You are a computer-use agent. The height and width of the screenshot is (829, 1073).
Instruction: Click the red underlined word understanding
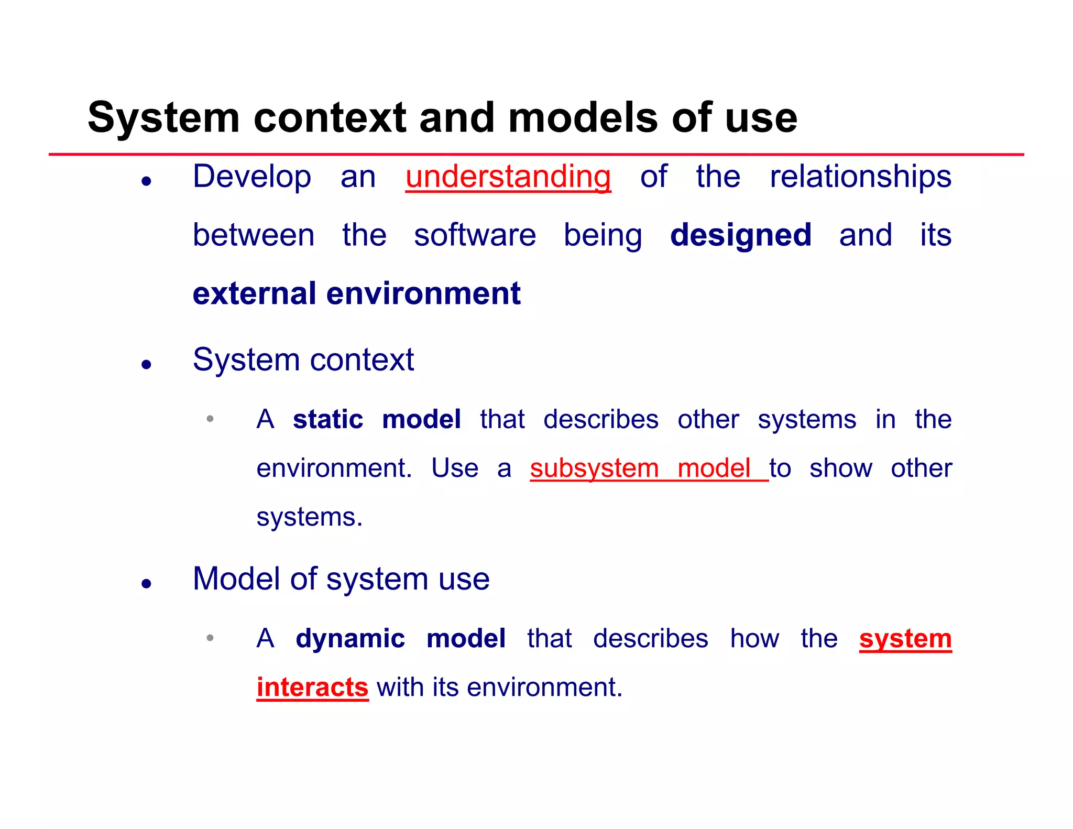[508, 177]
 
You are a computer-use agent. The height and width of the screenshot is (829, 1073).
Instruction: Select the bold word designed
[740, 235]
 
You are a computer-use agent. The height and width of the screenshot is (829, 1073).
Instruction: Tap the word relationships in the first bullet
[860, 177]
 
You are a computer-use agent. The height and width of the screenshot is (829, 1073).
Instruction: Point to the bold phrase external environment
[356, 293]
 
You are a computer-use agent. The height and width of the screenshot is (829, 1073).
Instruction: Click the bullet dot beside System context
[147, 364]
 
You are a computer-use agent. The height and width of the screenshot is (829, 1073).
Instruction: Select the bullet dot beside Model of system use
[147, 583]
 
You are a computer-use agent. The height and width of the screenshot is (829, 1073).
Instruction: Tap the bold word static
[327, 420]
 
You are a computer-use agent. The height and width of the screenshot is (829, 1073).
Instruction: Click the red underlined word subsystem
[594, 468]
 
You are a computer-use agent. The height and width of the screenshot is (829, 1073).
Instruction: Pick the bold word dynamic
[350, 639]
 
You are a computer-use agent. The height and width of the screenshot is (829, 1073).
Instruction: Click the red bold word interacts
[312, 688]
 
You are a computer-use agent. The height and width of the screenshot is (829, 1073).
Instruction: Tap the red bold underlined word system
[905, 639]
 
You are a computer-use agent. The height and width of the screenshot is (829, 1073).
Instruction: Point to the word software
[475, 235]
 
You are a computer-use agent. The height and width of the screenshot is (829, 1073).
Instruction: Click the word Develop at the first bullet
[251, 177]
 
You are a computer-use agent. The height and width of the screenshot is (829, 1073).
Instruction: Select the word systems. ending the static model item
[309, 517]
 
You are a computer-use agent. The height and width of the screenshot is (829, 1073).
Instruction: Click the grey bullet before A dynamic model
[210, 638]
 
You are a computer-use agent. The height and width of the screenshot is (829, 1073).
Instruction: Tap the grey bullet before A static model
[210, 419]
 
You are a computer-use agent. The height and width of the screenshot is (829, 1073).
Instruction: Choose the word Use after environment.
[454, 468]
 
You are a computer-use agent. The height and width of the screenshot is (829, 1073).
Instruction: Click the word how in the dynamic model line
[754, 639]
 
